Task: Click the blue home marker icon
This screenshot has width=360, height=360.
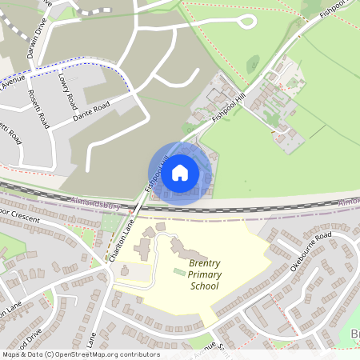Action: point(180,173)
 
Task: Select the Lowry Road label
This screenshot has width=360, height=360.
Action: point(66,91)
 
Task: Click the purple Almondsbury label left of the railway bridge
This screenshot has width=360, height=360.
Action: point(95,206)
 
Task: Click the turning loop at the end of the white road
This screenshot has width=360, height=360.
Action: point(245,21)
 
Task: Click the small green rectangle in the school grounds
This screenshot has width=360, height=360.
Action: point(178,274)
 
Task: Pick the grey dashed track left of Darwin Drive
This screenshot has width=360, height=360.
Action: point(94,10)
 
